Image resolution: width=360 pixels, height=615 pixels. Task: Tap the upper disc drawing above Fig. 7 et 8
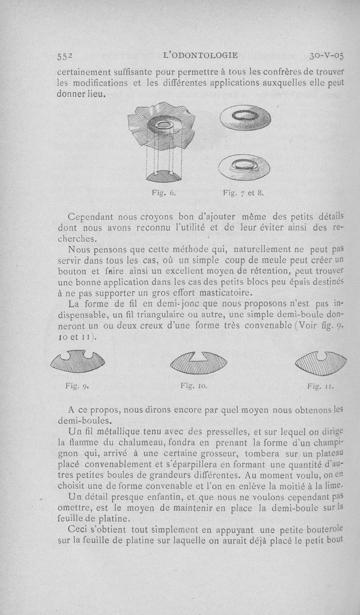[245, 119]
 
